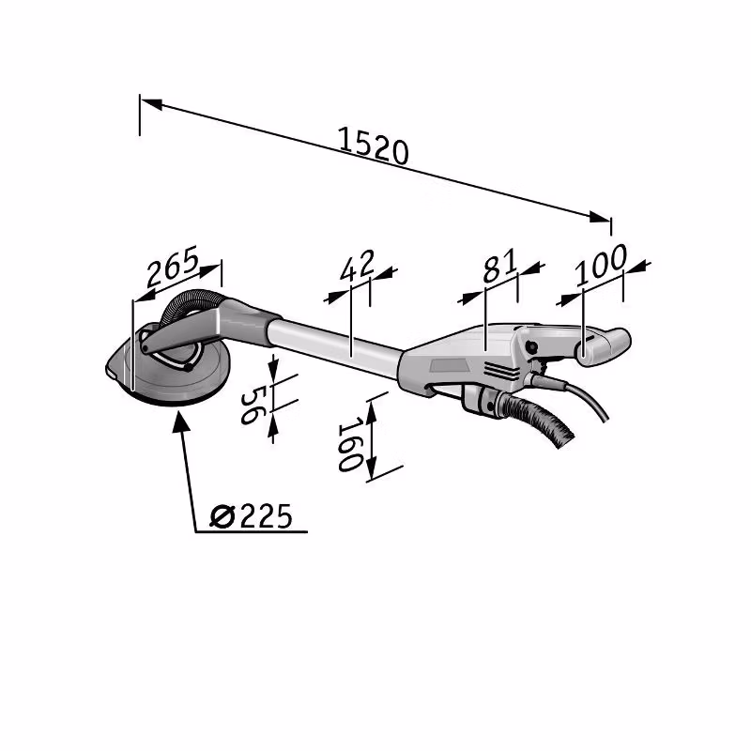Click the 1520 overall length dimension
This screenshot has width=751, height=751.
[x=373, y=146]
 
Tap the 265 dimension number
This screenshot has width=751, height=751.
[x=173, y=266]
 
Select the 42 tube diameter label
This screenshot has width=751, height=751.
[x=358, y=265]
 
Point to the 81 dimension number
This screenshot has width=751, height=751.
[x=500, y=265]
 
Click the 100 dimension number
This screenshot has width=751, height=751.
[x=601, y=264]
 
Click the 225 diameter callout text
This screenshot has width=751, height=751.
[x=266, y=516]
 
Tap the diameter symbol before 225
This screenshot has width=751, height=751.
[x=222, y=516]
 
